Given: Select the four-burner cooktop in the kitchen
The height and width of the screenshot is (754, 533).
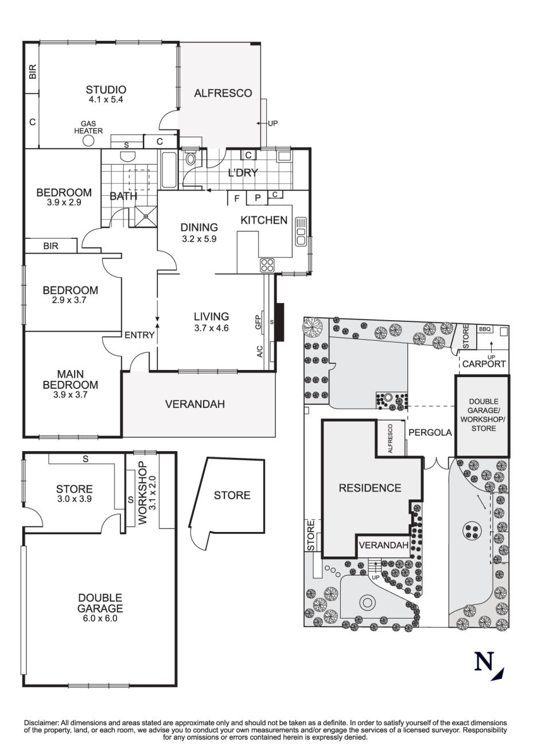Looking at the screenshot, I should [x=267, y=265].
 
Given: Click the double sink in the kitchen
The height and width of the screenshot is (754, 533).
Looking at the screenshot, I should [x=301, y=232].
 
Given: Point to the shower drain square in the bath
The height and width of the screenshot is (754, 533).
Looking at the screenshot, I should [x=146, y=216].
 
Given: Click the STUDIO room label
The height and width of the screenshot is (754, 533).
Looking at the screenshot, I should [x=106, y=90].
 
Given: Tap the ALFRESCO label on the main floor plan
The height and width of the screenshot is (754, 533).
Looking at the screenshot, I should [x=223, y=93].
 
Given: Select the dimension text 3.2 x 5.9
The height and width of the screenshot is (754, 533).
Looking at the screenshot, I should [x=199, y=239].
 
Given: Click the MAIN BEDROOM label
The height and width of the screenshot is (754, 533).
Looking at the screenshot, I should [x=70, y=380].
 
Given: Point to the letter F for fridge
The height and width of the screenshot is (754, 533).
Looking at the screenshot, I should [x=236, y=199].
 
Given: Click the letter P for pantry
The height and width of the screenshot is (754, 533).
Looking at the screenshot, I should [x=258, y=199].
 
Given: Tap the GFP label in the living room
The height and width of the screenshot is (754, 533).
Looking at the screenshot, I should [x=259, y=322].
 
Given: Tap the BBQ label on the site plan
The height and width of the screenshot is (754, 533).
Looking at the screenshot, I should [x=485, y=329].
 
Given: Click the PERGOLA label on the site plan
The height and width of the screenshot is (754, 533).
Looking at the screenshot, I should [x=430, y=433].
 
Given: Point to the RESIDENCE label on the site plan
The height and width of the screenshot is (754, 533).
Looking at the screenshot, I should [x=369, y=488].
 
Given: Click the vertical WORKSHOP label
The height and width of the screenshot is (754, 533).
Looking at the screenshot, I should [x=142, y=492].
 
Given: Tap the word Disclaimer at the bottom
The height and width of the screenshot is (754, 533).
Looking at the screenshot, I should [x=41, y=722].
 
